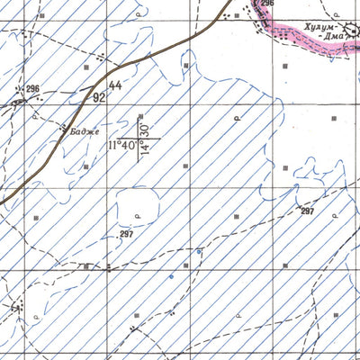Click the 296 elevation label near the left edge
32,88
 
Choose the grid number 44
114,85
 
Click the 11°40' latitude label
122,144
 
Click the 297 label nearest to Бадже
126,234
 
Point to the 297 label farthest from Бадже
308,211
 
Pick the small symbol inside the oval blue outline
137,217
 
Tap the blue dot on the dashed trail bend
171,276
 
